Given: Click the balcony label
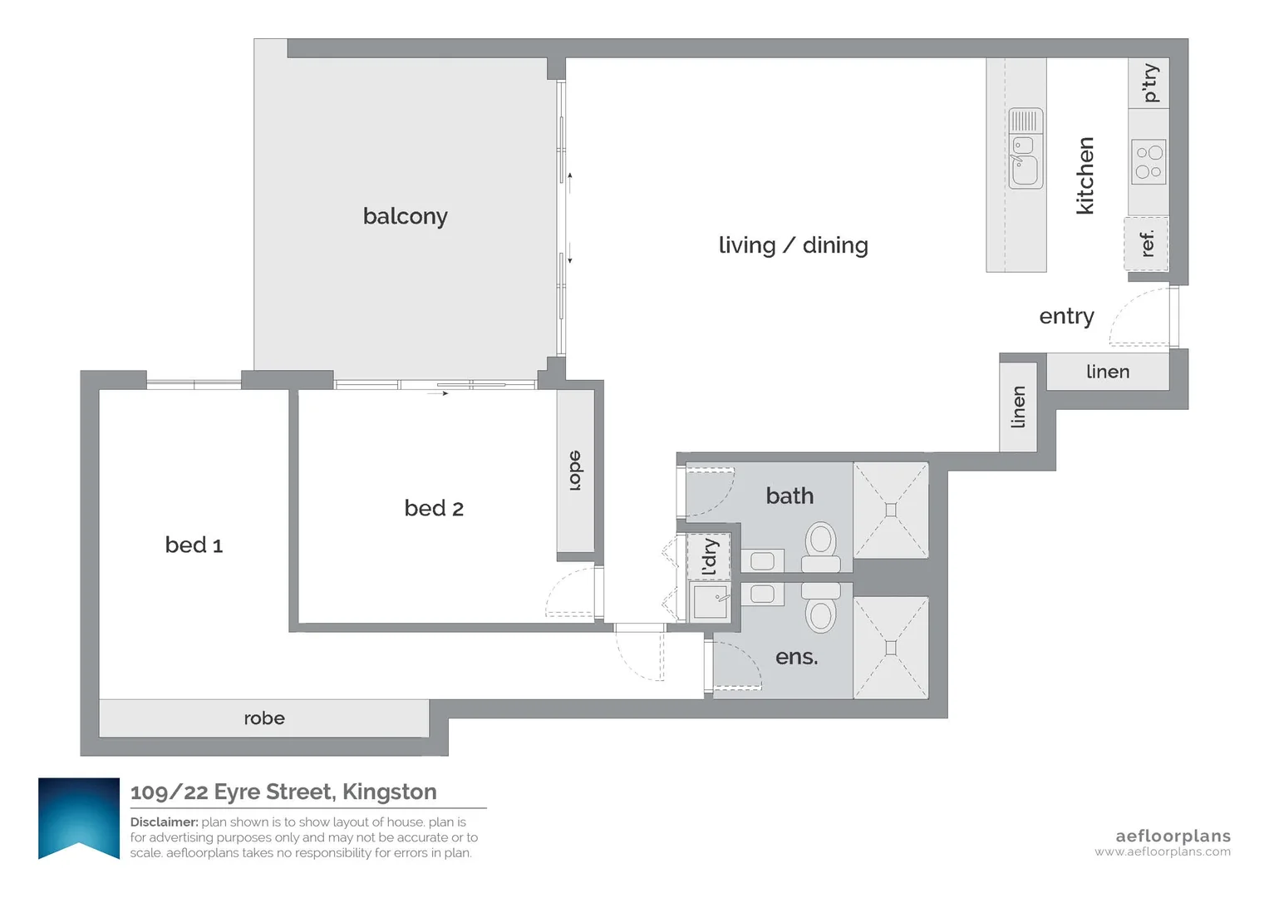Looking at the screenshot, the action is pos(405,216).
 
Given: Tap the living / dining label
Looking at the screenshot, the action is pos(793,245).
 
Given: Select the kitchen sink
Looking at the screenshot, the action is pos(1026,149).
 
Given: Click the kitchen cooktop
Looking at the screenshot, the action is pos(1148,161).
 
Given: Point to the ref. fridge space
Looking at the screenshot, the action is pos(1146,244).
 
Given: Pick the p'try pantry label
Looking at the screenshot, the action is pos(1151,83).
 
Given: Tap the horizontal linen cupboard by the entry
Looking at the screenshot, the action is pos(1108,372).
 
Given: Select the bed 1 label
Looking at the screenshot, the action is pos(194,545).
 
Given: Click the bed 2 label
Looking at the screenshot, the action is pos(434,508).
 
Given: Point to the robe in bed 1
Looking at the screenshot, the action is pos(264,718).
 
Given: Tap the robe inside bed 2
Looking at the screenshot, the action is pos(576,471).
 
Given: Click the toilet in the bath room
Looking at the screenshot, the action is pos(821,547).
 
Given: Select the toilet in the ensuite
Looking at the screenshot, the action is pos(821,608).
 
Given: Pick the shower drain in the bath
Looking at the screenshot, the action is pos(891,511).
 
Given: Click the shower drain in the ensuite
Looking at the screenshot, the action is pos(891,648).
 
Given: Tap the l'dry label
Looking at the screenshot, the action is pos(709,557).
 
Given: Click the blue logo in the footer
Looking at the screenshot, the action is pos(79,819).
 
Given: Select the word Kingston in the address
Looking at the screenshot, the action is pos(389,792).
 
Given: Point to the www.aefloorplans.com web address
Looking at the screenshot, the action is pos(1163,851).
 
